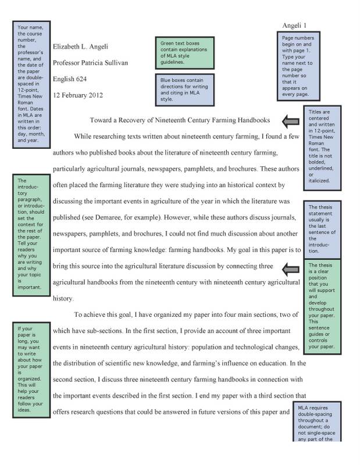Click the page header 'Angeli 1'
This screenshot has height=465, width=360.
[298, 25]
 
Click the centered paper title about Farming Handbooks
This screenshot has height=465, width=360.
[180, 120]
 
